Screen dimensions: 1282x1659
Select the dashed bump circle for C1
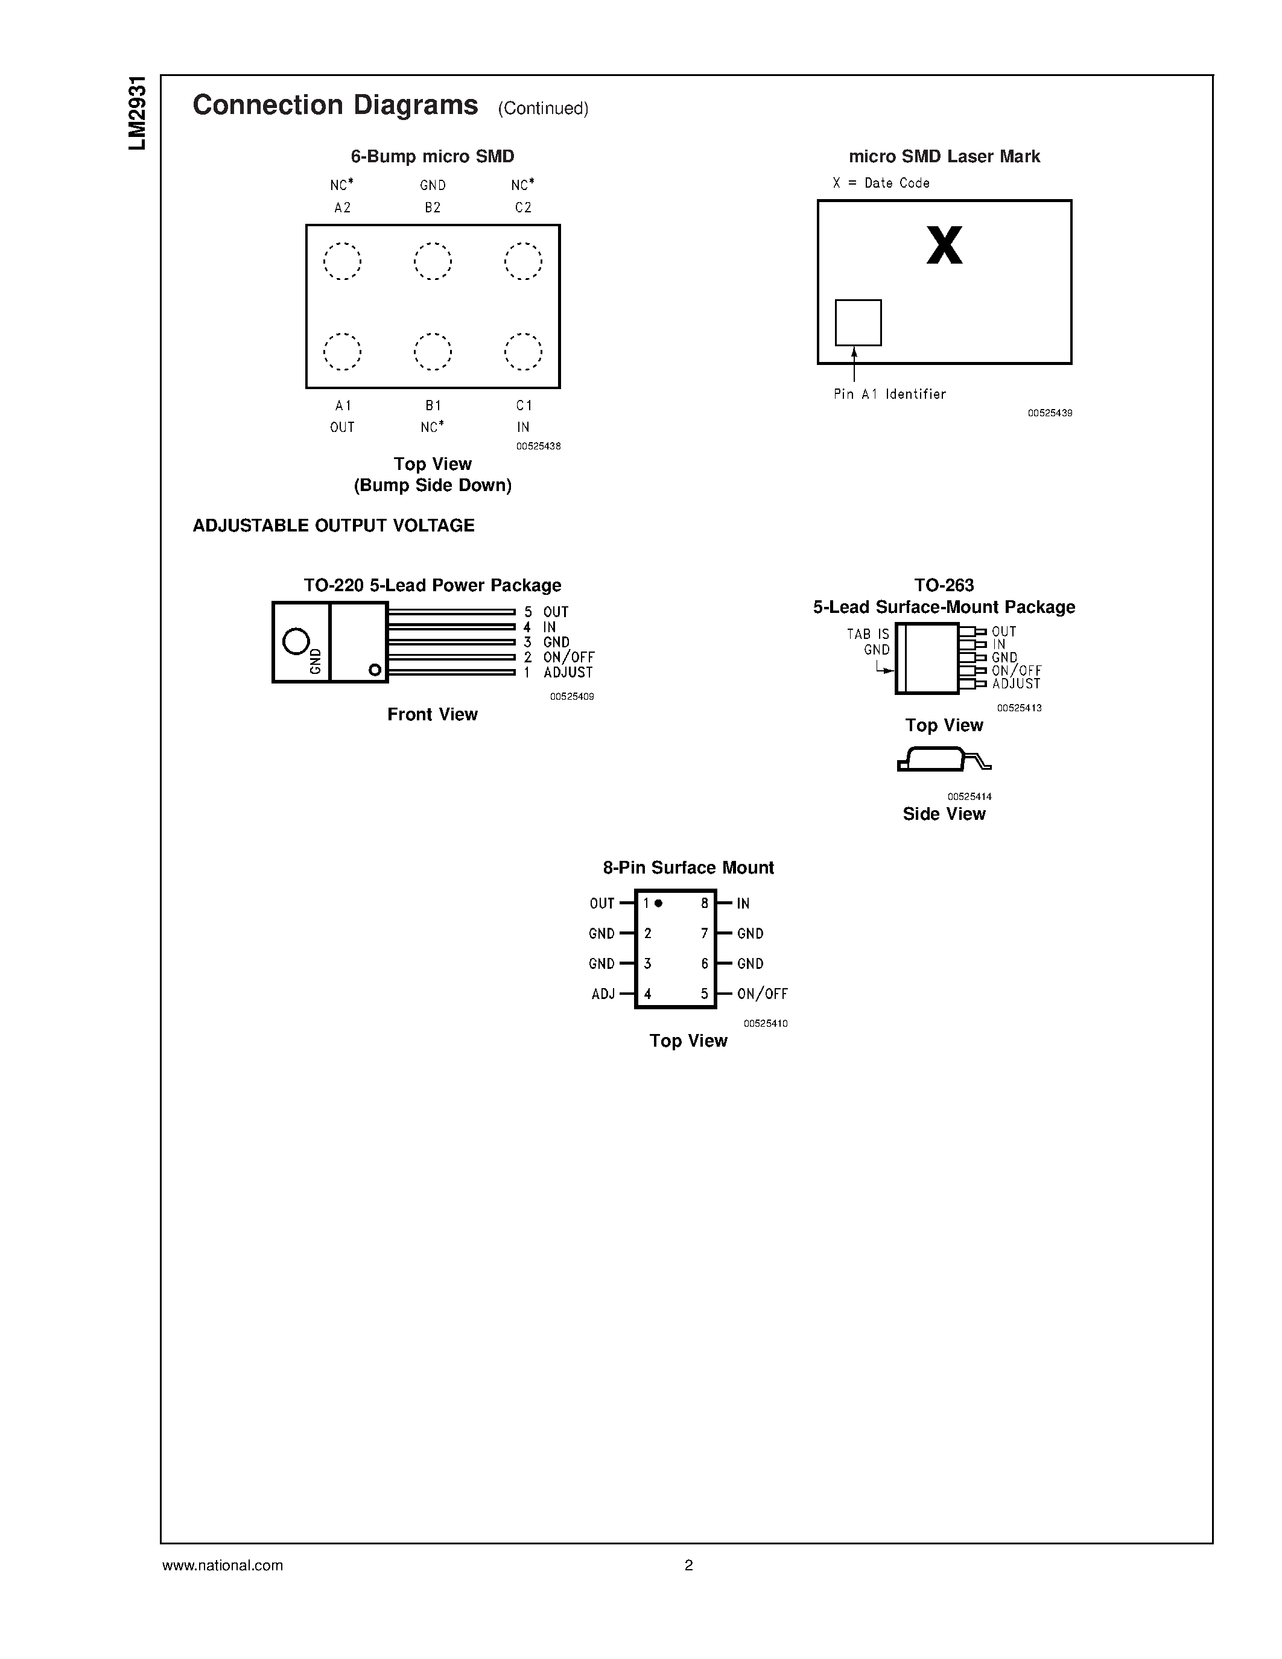(523, 352)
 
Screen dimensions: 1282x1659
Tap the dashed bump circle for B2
(433, 261)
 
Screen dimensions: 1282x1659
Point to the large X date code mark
(944, 246)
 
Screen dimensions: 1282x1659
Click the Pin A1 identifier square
(858, 323)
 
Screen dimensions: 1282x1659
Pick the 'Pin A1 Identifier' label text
(889, 395)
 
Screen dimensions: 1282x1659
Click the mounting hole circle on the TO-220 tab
(296, 642)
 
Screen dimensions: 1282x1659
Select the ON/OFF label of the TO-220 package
(569, 657)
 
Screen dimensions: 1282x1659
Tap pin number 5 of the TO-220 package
(528, 612)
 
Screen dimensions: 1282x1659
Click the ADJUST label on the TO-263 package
(1015, 684)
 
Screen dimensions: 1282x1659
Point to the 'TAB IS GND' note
(869, 642)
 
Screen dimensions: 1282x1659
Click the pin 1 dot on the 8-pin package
(658, 903)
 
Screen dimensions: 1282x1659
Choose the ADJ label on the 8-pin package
(603, 994)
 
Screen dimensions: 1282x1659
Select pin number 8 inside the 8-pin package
(705, 903)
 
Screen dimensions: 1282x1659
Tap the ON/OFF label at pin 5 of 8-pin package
(763, 994)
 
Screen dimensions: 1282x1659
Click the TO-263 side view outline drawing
(944, 760)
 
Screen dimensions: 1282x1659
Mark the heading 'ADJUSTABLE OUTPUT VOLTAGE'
(334, 525)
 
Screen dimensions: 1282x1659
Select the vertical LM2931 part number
(137, 114)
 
